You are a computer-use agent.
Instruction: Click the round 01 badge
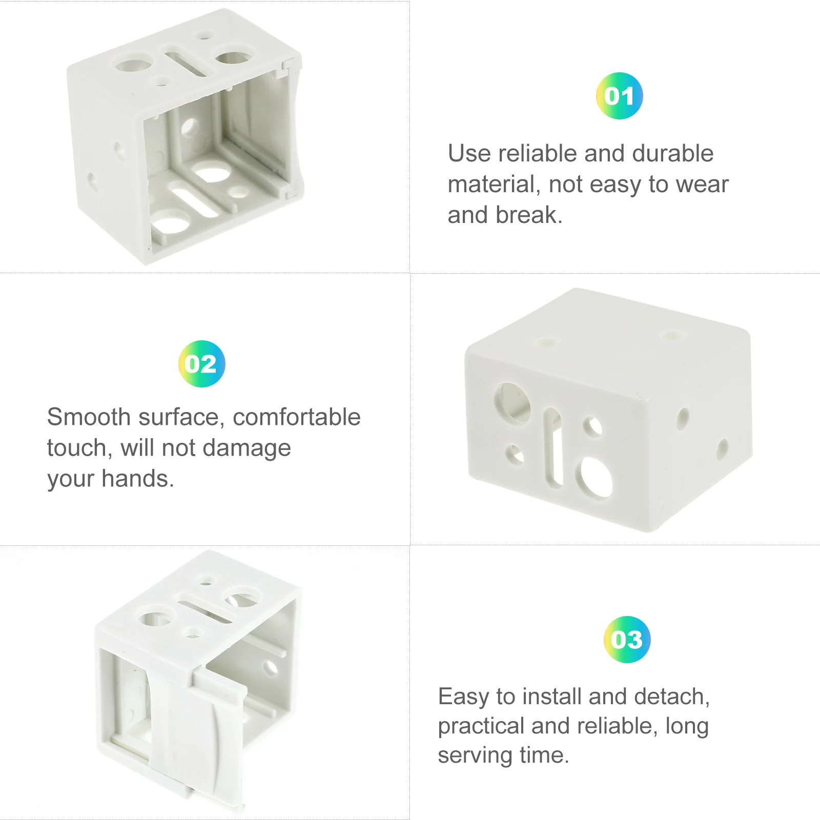click(x=619, y=96)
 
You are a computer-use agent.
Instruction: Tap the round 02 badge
click(x=201, y=364)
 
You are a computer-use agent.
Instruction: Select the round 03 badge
click(x=627, y=639)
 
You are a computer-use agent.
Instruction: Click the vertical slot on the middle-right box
click(x=553, y=446)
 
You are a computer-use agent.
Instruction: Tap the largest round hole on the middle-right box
click(x=595, y=477)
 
